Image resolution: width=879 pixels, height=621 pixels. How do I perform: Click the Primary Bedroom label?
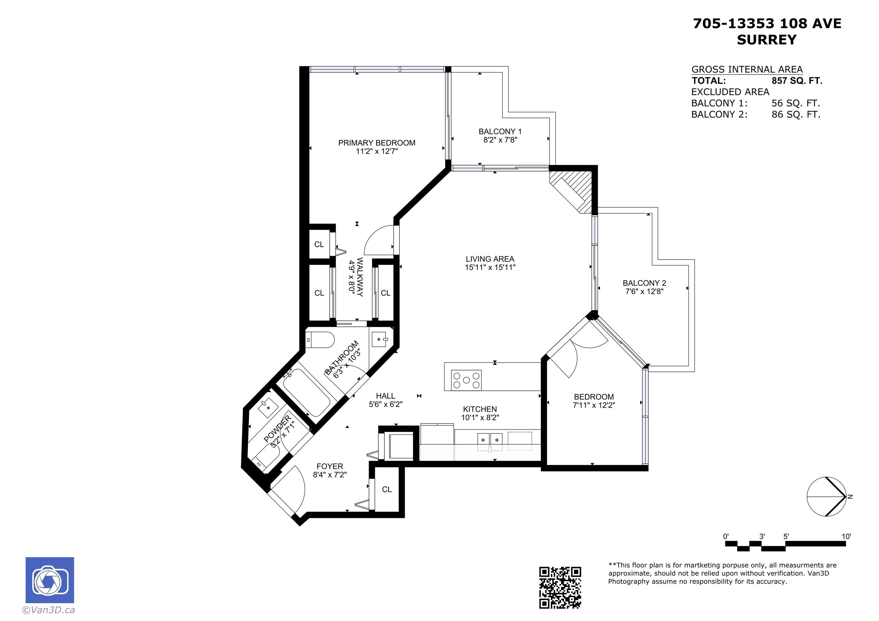tap(377, 143)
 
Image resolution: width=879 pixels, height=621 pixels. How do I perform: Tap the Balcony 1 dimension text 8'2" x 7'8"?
tap(500, 140)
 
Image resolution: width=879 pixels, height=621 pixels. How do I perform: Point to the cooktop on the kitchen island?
tap(466, 380)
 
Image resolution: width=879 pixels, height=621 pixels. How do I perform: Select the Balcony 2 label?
tap(644, 283)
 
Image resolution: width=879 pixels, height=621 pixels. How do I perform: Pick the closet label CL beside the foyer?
tap(387, 489)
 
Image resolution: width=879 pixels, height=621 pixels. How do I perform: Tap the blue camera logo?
tap(50, 580)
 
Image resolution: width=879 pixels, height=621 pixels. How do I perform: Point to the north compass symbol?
tap(827, 497)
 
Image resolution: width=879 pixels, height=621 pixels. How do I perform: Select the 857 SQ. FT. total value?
tap(797, 81)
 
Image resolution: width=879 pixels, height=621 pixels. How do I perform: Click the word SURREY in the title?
tap(767, 40)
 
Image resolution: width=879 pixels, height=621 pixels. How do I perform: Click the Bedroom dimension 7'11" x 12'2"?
tap(594, 405)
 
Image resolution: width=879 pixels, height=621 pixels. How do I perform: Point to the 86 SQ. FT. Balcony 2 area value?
tap(796, 114)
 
